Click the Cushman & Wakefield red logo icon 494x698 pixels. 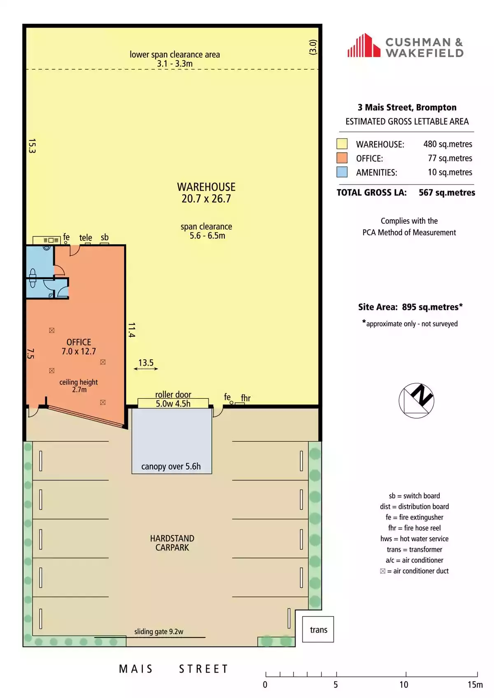[364, 45]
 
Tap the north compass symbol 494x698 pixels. [416, 400]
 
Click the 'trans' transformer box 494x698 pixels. [318, 629]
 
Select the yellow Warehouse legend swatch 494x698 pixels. [342, 144]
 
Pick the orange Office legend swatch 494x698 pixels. [342, 158]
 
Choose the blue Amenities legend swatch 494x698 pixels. [342, 172]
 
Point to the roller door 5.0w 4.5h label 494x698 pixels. [173, 399]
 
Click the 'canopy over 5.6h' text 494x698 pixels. [171, 466]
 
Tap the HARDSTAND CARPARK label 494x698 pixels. [172, 543]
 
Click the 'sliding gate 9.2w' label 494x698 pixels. [158, 631]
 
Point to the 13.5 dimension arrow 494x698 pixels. [146, 369]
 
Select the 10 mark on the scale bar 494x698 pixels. [403, 684]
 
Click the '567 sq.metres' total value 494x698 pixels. [447, 193]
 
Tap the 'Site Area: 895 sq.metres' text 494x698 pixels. [410, 307]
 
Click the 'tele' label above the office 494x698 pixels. [85, 238]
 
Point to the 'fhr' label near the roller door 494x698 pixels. [246, 398]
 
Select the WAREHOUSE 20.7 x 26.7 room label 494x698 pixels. [206, 193]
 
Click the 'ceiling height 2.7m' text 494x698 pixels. [79, 386]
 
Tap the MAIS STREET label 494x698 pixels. [173, 669]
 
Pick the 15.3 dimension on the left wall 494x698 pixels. [32, 146]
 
